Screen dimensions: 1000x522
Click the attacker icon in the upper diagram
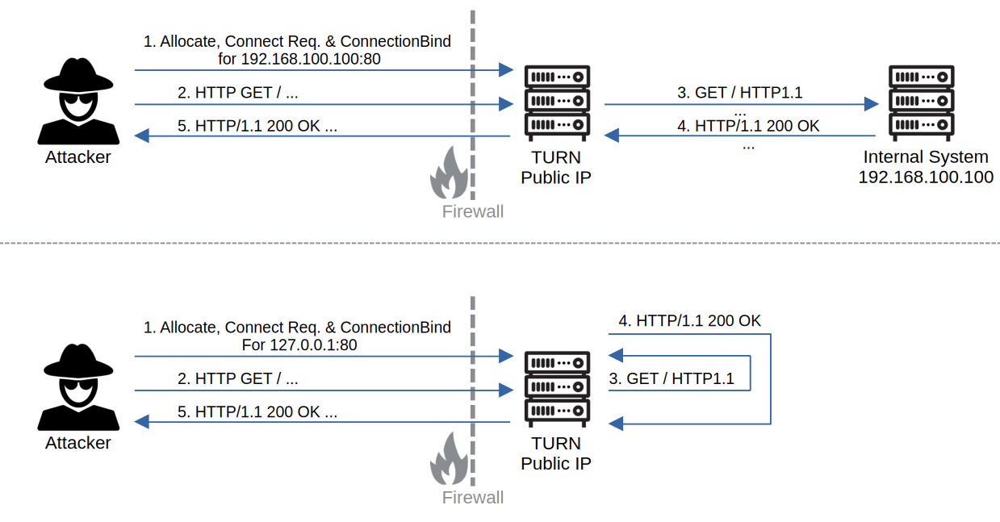78,101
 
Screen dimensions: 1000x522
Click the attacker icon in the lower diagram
78,386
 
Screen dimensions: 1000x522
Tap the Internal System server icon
922,103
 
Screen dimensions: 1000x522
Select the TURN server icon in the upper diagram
557,103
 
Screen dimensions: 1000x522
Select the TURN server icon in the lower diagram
557,389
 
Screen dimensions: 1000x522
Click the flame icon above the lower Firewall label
449,458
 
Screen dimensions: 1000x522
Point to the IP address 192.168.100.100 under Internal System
926,177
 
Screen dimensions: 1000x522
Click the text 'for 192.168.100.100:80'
299,59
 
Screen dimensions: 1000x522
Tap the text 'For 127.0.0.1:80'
299,345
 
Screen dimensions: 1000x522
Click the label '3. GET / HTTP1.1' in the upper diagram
740,93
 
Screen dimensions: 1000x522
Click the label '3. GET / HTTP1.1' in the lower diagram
672,378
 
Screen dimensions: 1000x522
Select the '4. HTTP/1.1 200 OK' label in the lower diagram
690,321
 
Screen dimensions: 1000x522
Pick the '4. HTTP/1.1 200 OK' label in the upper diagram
748,126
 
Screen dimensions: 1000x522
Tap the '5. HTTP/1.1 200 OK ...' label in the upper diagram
257,126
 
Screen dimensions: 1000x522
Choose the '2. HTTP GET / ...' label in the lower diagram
237,378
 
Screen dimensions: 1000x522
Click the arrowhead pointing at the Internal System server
872,104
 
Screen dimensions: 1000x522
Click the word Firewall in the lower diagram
473,498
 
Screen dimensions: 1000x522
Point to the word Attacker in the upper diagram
77,157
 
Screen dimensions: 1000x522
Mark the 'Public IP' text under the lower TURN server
556,464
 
